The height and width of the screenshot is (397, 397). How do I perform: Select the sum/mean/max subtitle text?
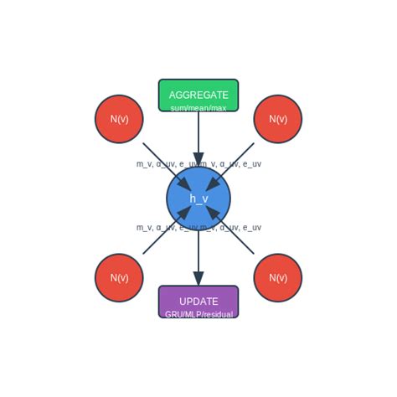pyautogui.click(x=198, y=108)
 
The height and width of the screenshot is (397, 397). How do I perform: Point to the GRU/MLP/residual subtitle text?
pyautogui.click(x=198, y=315)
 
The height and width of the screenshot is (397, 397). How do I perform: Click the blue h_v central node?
pyautogui.click(x=198, y=198)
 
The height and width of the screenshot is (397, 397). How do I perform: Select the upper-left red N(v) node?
pyautogui.click(x=119, y=119)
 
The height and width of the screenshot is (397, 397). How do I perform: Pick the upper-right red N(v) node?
pyautogui.click(x=278, y=119)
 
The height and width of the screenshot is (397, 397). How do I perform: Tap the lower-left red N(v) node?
pyautogui.click(x=119, y=278)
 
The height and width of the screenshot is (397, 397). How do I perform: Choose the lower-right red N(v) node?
pyautogui.click(x=278, y=278)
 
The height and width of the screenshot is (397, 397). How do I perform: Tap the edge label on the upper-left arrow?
pyautogui.click(x=165, y=164)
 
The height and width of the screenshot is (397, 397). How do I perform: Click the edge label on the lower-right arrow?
pyautogui.click(x=232, y=228)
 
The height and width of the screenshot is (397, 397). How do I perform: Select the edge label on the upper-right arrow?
pyautogui.click(x=232, y=164)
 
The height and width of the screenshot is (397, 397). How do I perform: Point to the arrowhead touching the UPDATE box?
pyautogui.click(x=198, y=278)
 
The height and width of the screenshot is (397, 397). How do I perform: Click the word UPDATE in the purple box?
pyautogui.click(x=198, y=302)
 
